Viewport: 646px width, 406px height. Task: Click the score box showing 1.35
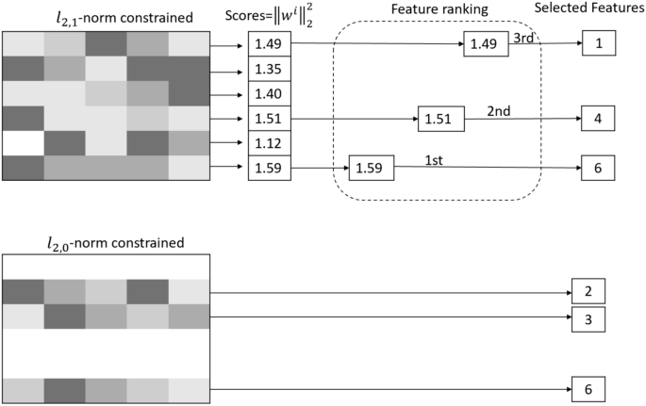tap(270, 69)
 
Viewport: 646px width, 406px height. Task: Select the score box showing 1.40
tap(270, 94)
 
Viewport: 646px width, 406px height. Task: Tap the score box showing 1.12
tap(270, 144)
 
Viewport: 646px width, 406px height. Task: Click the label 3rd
tap(523, 37)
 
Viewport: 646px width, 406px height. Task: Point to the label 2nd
tap(499, 111)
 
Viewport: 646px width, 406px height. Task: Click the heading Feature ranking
tap(439, 8)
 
